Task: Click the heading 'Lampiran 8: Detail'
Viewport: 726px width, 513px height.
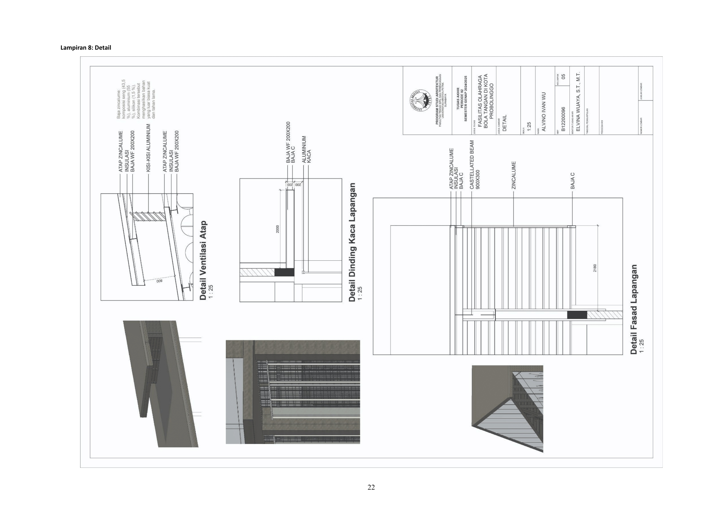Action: point(86,48)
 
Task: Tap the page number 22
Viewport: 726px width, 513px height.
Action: point(371,487)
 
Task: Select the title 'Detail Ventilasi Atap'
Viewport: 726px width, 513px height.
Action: point(203,260)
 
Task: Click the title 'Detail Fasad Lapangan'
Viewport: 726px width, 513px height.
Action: point(634,309)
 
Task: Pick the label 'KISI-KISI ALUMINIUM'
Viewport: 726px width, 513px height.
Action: point(148,148)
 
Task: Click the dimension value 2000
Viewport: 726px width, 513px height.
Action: point(278,229)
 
